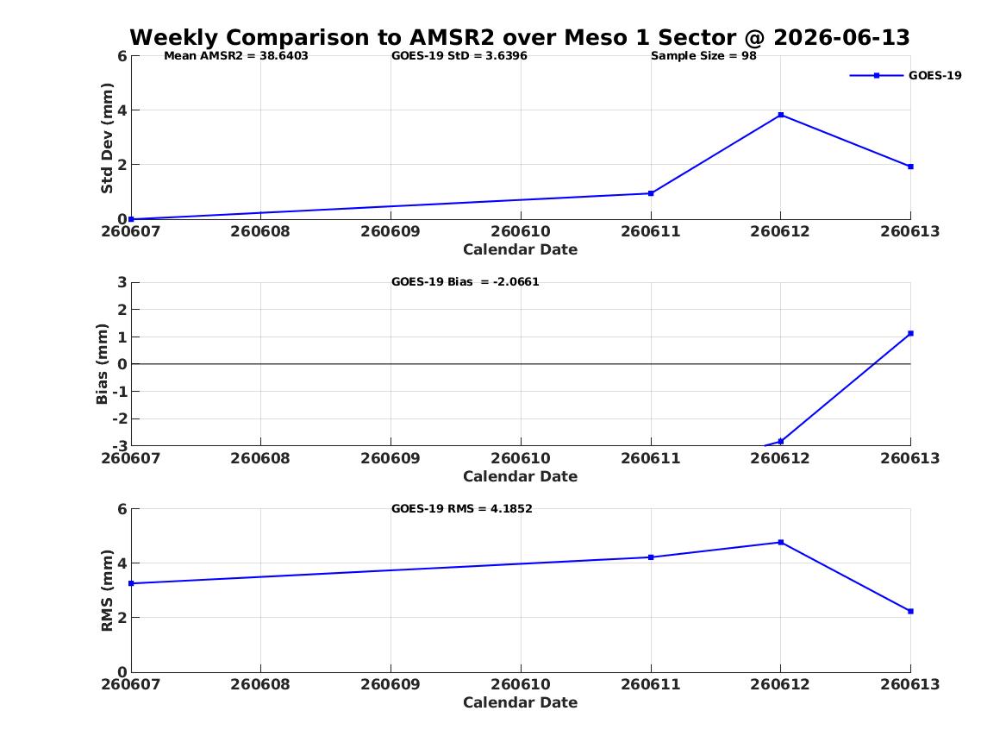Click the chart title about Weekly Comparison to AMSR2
coord(520,37)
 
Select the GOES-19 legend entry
coord(905,75)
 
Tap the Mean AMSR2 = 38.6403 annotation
coord(236,56)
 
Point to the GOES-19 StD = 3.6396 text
coord(459,56)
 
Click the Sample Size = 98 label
coord(703,56)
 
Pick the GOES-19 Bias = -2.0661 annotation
coord(466,282)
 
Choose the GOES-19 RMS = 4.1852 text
coord(462,508)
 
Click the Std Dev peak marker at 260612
coord(781,115)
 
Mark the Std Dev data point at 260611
coord(651,193)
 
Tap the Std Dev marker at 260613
coord(910,167)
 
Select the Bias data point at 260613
coord(910,333)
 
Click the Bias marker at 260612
coord(781,441)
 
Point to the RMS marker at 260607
coord(132,583)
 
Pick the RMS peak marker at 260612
coord(781,543)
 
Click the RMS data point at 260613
coord(910,611)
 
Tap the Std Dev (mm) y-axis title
coord(107,138)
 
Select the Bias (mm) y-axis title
coord(102,364)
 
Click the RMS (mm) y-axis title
coord(107,591)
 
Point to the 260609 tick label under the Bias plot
coord(391,458)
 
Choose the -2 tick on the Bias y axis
coord(119,418)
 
